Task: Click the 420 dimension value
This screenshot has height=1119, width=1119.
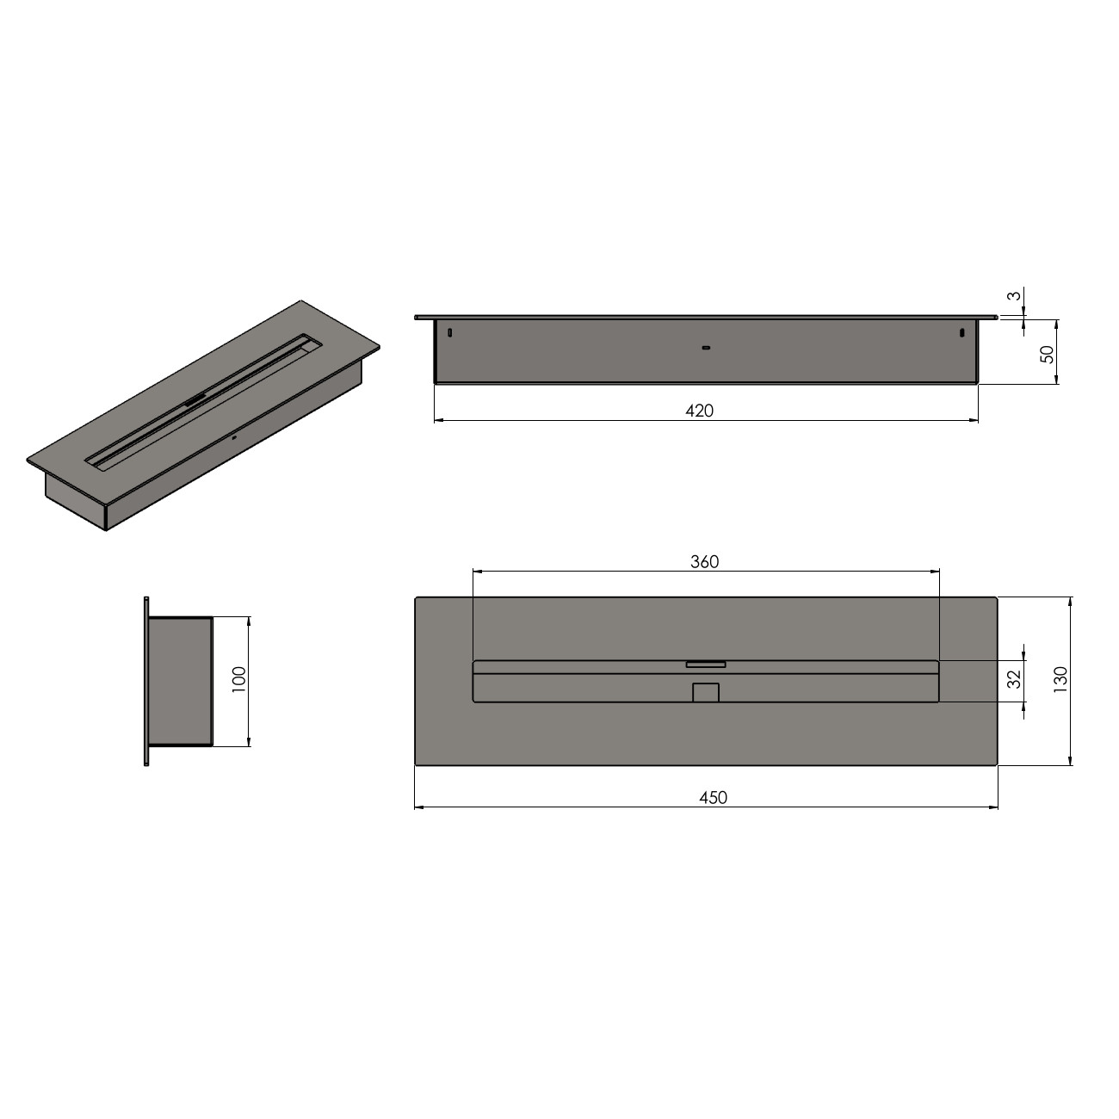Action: click(x=699, y=411)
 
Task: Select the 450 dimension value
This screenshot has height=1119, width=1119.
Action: click(x=713, y=798)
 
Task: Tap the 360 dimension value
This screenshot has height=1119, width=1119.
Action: click(x=704, y=562)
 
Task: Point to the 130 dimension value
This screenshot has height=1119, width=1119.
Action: click(x=1060, y=679)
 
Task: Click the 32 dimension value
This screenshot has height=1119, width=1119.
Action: click(x=1014, y=679)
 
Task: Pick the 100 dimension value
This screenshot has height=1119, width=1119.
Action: click(x=239, y=679)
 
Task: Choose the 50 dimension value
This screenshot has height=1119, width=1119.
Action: click(x=1047, y=355)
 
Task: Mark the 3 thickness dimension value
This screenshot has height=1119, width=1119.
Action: click(x=1014, y=295)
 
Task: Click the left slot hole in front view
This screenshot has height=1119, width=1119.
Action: click(x=449, y=333)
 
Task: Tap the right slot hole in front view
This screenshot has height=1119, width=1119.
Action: click(x=962, y=333)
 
